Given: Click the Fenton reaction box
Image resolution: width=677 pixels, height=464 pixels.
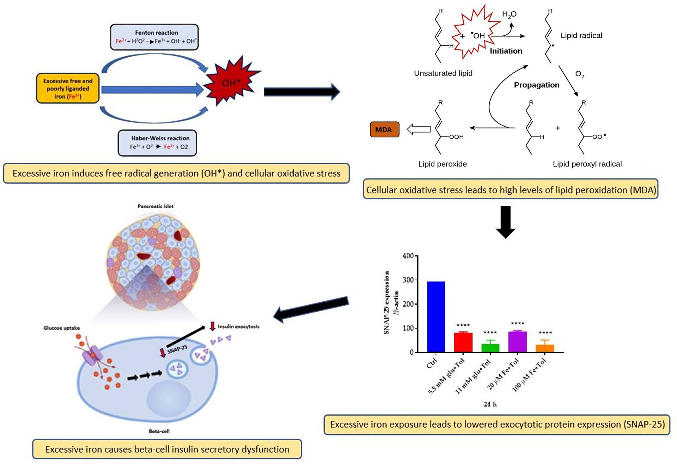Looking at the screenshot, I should tap(154, 37).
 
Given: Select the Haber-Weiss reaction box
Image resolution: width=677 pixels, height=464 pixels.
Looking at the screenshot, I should tap(157, 143).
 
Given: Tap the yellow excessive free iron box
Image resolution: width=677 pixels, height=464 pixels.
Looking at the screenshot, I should tap(68, 88).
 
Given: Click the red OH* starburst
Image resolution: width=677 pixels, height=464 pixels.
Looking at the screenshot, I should tap(231, 82).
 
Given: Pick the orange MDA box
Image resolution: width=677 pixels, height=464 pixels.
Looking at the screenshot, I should tap(384, 129).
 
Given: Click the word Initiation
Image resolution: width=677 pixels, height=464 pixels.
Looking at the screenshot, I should tap(506, 51).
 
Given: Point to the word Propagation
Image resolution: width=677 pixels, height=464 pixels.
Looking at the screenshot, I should tap(536, 85).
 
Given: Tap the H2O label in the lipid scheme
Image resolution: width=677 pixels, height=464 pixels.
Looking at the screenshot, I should tap(509, 14).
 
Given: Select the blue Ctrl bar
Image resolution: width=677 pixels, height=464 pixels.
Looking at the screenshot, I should tap(436, 317).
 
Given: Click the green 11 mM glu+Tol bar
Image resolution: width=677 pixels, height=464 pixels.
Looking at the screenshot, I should tap(490, 348).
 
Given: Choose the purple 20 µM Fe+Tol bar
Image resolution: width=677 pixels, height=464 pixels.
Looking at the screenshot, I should tap(517, 341).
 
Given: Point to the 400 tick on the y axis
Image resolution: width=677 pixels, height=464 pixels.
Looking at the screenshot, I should tap(408, 256).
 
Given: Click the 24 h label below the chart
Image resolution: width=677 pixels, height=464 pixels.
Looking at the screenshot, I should tap(490, 404).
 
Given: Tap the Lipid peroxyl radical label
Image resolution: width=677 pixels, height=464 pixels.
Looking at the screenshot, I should tap(587, 164).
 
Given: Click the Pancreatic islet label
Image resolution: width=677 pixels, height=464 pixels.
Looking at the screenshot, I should tap(155, 206).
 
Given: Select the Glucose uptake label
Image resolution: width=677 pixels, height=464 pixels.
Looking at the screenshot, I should tap(62, 328).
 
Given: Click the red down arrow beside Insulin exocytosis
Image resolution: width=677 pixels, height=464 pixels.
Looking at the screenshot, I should tap(212, 326).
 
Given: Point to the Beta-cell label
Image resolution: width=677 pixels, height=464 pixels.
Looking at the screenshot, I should tap(159, 431).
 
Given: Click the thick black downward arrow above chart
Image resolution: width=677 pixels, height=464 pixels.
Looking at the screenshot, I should tap(506, 222).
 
